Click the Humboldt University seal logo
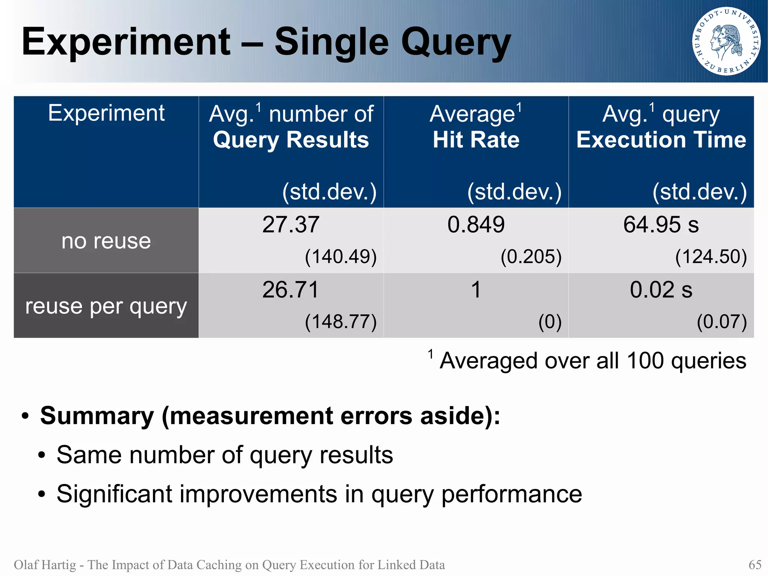click(x=726, y=41)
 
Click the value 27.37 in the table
click(x=291, y=225)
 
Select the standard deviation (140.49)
click(x=340, y=257)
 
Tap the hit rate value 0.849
click(x=476, y=225)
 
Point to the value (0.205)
click(x=531, y=257)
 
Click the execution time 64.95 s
click(x=661, y=225)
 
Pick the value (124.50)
click(x=711, y=257)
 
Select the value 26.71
click(x=291, y=290)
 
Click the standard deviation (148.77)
click(x=340, y=322)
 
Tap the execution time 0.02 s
click(x=661, y=290)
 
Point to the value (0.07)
click(x=722, y=322)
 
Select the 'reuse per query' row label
click(x=106, y=306)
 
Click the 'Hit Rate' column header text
click(x=476, y=140)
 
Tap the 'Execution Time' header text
click(x=661, y=140)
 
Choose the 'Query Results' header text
click(x=291, y=140)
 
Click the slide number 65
click(x=755, y=564)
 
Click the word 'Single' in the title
click(x=331, y=42)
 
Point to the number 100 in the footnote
click(x=645, y=361)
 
